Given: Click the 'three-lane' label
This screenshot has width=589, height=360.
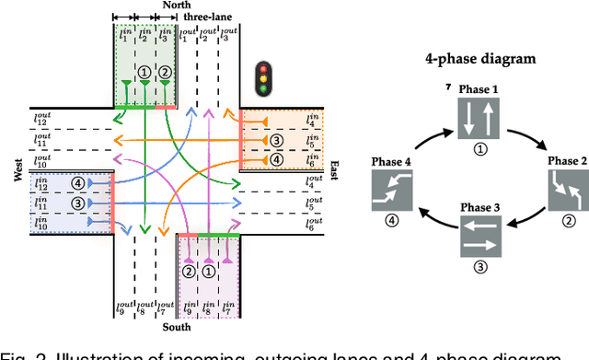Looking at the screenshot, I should (x=207, y=17).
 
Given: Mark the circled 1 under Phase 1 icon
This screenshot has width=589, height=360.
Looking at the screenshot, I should (x=479, y=147).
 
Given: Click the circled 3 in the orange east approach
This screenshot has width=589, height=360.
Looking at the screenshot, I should (x=275, y=140).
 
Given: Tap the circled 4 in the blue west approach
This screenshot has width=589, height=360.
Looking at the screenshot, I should (x=77, y=182).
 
